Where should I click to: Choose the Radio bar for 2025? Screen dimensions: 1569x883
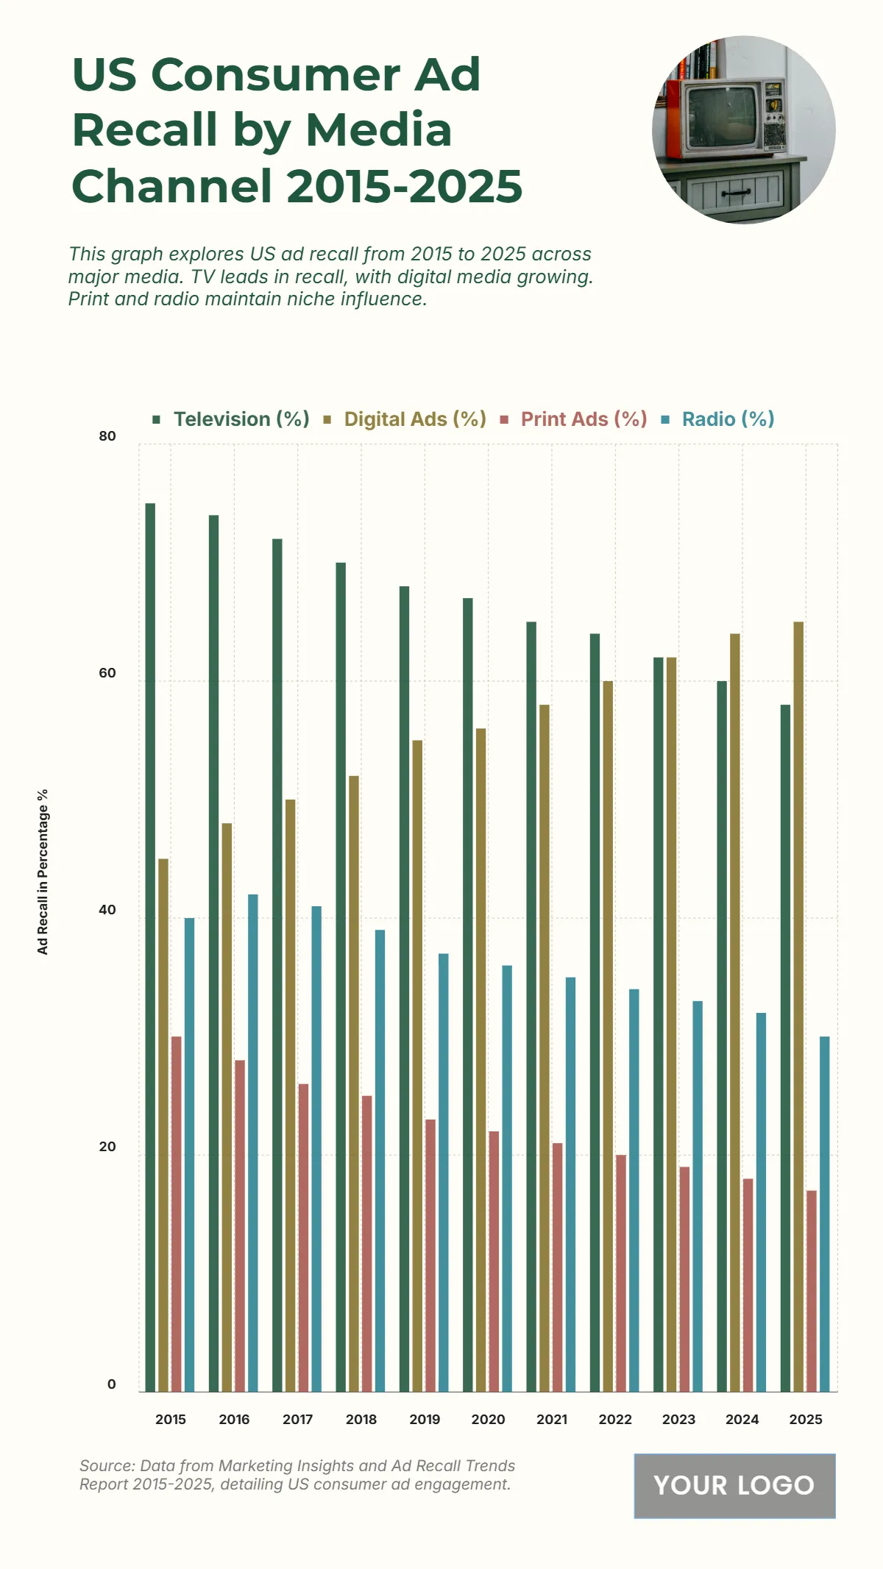coord(825,1214)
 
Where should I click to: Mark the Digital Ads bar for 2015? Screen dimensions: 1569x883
coord(163,1125)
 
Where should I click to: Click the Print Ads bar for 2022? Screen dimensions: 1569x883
coord(621,1273)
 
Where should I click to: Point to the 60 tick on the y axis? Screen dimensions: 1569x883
coord(107,673)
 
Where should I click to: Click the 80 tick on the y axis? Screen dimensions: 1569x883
coord(107,436)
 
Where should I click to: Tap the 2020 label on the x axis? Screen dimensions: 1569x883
coord(488,1420)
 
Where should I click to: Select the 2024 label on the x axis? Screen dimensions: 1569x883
coord(742,1420)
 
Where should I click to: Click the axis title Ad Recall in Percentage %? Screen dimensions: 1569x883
coord(43,872)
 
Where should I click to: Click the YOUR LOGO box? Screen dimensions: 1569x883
coord(734,1485)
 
